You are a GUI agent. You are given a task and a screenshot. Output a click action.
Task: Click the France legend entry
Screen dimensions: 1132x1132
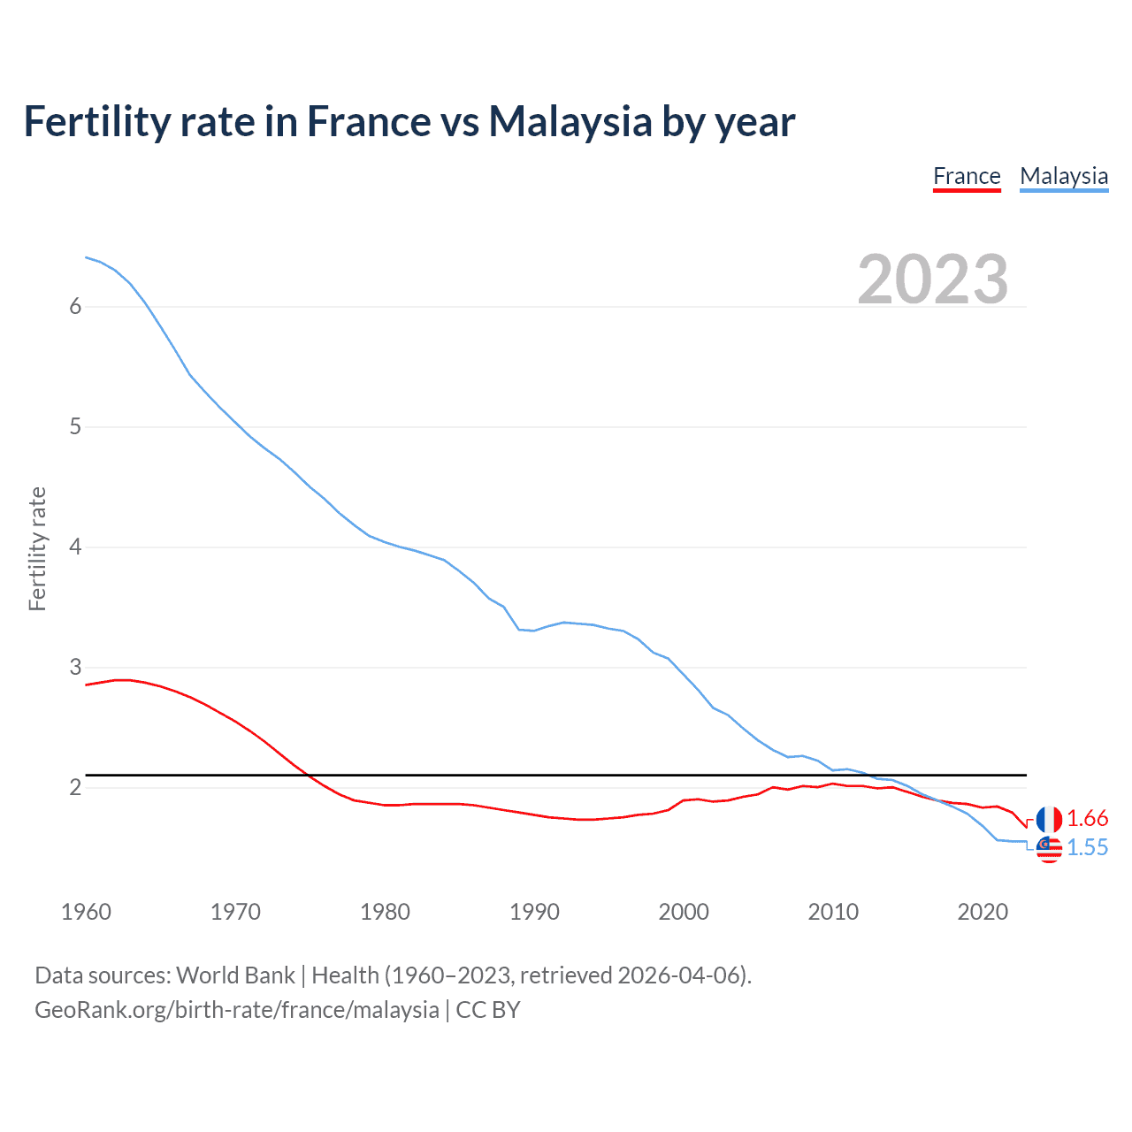point(967,177)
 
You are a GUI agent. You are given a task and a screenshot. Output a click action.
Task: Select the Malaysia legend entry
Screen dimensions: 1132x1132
point(1064,177)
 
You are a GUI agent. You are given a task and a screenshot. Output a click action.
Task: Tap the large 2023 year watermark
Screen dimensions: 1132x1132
point(933,279)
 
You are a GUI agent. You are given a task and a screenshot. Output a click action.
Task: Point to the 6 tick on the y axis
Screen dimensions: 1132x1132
point(75,306)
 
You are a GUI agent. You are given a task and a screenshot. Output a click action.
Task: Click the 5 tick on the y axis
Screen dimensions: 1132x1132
point(75,426)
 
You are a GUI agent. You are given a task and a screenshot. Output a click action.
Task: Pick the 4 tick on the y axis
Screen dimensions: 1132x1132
point(75,547)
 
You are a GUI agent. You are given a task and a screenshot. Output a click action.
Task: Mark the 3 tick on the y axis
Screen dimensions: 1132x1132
point(75,667)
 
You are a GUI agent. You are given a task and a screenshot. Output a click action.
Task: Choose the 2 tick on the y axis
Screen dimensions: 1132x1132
point(75,787)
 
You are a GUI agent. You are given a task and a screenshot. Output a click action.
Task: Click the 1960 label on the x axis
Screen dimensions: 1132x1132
point(86,912)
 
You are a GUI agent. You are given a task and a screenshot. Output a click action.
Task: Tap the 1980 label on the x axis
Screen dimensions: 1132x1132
point(385,912)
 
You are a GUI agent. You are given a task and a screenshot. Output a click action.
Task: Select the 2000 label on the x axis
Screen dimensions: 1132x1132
point(684,912)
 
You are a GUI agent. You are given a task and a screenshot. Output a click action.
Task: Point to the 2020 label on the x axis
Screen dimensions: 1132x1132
point(983,912)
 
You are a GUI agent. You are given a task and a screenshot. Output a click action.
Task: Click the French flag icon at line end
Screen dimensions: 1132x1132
point(1049,819)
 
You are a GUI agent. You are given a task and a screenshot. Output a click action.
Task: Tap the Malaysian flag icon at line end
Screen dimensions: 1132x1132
point(1049,849)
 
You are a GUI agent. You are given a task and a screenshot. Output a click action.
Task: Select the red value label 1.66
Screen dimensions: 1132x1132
point(1087,819)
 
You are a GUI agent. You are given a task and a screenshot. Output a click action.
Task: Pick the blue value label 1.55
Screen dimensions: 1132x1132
point(1087,848)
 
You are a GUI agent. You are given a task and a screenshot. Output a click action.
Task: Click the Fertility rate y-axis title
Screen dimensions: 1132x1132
point(37,548)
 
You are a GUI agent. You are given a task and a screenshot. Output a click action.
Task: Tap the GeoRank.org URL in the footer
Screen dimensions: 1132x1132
point(236,1010)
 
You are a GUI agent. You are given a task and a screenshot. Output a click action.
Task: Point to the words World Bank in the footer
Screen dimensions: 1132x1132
point(235,975)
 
